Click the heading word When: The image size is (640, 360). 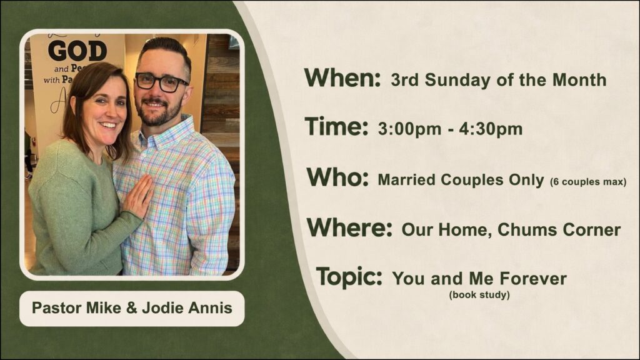342,77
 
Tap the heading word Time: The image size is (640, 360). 336,126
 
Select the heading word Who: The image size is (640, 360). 337,177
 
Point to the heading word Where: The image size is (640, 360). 350,227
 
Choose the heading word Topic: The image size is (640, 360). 349,277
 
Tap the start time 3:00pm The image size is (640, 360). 409,129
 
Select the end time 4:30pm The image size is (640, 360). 491,129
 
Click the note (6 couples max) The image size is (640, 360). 588,182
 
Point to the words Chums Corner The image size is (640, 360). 559,230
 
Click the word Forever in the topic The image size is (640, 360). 533,279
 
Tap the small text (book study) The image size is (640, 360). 479,295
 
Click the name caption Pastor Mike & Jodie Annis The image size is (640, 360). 132,308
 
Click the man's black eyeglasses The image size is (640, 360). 161,82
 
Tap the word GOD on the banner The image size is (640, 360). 77,51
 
